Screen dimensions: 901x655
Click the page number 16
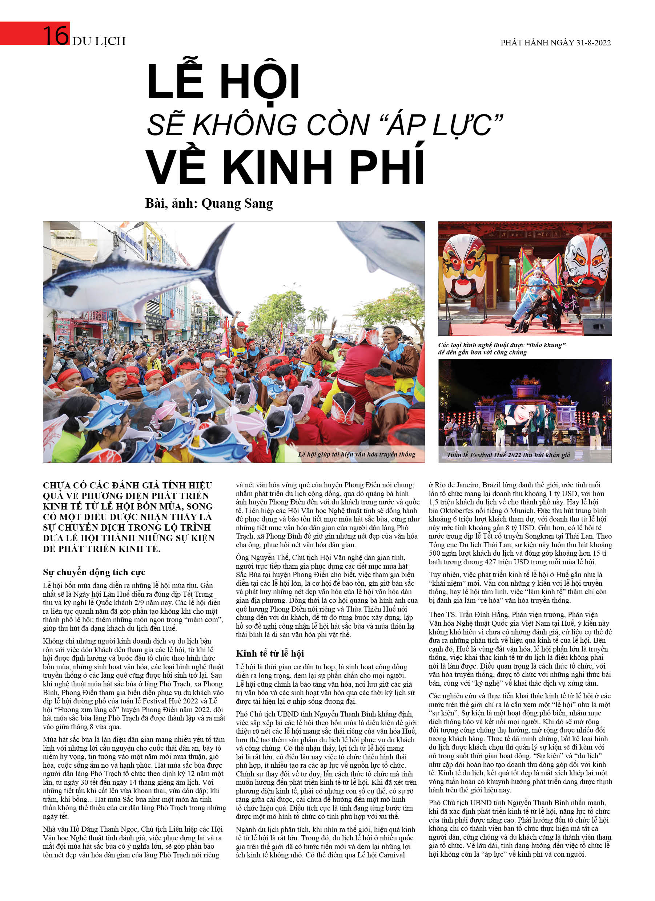coord(56,35)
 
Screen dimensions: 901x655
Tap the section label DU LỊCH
coord(99,41)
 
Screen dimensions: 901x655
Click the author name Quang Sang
coord(237,203)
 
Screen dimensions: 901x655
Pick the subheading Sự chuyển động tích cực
coord(94,572)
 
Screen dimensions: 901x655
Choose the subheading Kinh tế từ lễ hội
coord(270,653)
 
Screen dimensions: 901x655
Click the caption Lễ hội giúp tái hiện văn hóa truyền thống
coord(356,454)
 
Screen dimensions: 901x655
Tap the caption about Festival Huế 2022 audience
coord(508,455)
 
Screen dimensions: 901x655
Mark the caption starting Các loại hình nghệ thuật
coord(502,348)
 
